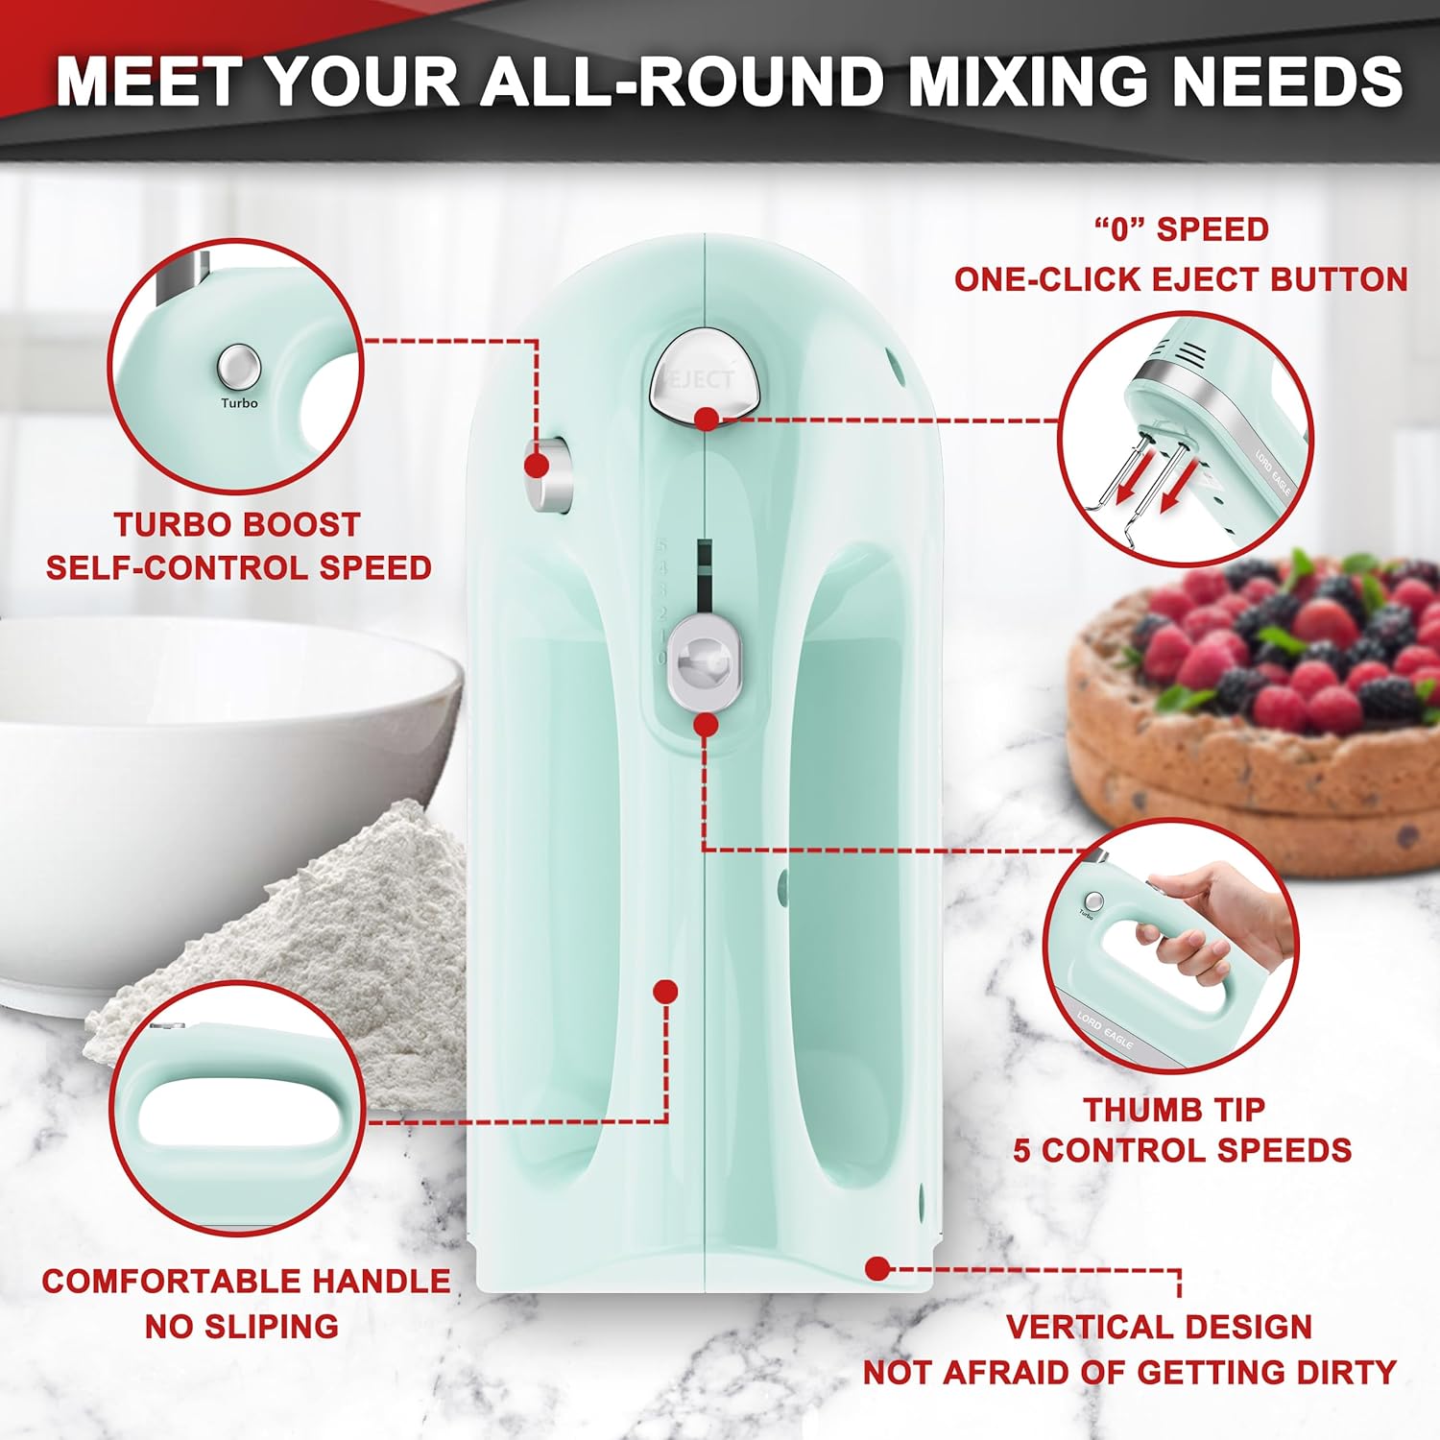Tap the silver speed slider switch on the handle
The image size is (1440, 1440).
tap(706, 663)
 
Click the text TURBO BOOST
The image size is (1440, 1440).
tap(237, 524)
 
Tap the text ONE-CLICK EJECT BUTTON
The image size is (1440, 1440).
tap(1180, 279)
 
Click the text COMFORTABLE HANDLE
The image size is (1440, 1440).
tap(246, 1281)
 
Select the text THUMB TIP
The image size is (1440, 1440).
tap(1174, 1110)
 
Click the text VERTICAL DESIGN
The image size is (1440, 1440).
tap(1159, 1327)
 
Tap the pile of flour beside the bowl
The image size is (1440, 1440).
tap(317, 922)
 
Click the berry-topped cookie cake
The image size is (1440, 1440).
tap(1258, 710)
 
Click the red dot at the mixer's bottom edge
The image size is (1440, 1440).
tap(876, 1268)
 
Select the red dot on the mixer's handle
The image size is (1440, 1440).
tap(665, 991)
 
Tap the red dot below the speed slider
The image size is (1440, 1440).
tap(706, 725)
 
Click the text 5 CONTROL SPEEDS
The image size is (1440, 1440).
tap(1182, 1150)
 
